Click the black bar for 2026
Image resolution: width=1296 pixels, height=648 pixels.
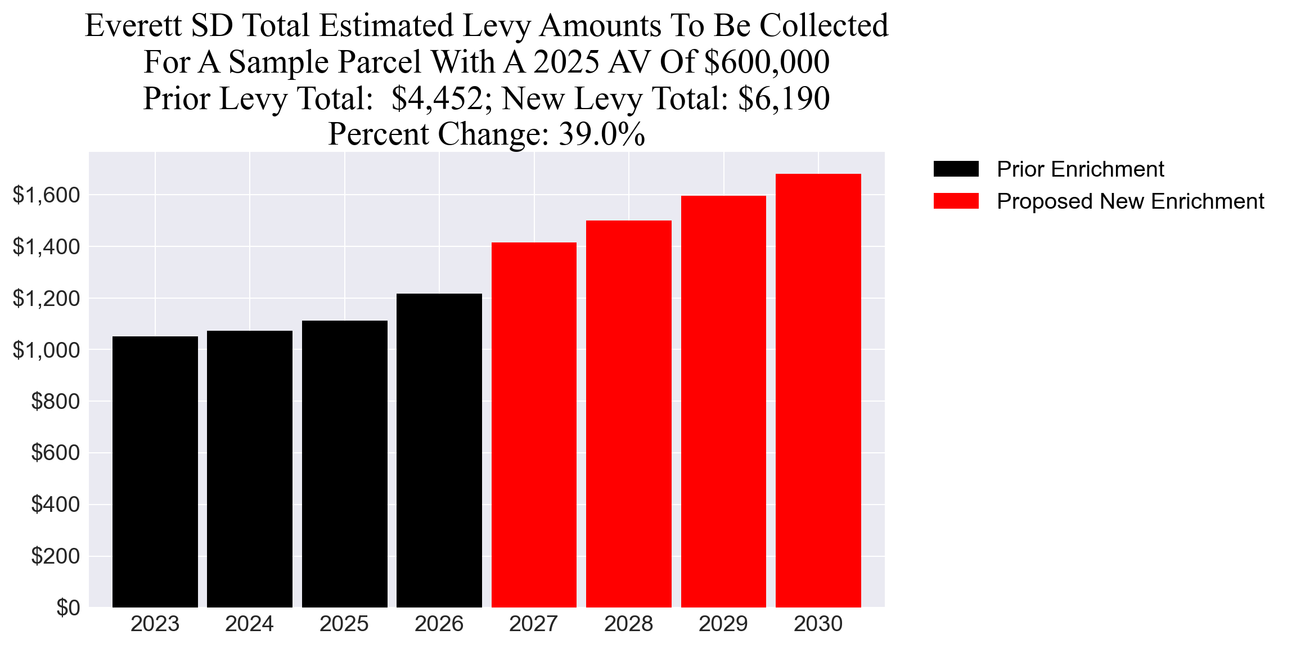point(439,450)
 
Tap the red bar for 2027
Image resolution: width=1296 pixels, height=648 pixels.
point(534,425)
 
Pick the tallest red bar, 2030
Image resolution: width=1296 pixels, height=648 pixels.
point(818,390)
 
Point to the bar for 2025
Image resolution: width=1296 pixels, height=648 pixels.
point(344,463)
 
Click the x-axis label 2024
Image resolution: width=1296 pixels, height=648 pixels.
point(249,624)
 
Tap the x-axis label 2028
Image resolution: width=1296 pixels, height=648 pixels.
point(628,624)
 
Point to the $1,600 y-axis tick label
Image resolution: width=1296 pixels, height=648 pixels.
point(46,195)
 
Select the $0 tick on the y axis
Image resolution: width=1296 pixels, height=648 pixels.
point(68,608)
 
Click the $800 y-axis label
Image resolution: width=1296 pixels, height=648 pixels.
point(55,402)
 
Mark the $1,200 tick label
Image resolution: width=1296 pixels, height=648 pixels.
point(46,299)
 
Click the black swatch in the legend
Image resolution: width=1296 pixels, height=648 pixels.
point(956,169)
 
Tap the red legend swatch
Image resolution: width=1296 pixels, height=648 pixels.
point(956,201)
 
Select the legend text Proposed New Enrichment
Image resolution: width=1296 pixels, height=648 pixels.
point(1130,201)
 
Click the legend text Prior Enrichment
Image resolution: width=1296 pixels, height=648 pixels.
point(1080,169)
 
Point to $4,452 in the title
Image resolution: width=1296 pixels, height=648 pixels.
point(437,98)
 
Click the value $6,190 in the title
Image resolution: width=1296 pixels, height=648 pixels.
point(784,98)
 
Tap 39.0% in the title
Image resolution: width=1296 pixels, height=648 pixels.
point(601,134)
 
